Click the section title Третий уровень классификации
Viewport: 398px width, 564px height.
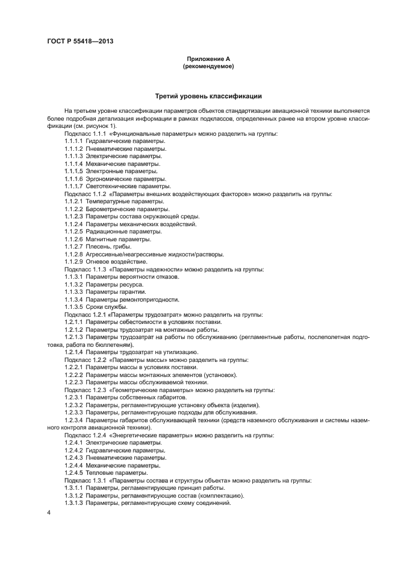coord(208,96)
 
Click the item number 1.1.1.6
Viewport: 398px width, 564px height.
coord(73,179)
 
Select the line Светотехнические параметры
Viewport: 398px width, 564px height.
coord(125,186)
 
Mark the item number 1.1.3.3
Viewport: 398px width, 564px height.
coord(73,291)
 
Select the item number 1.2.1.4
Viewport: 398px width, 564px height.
coord(73,352)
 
